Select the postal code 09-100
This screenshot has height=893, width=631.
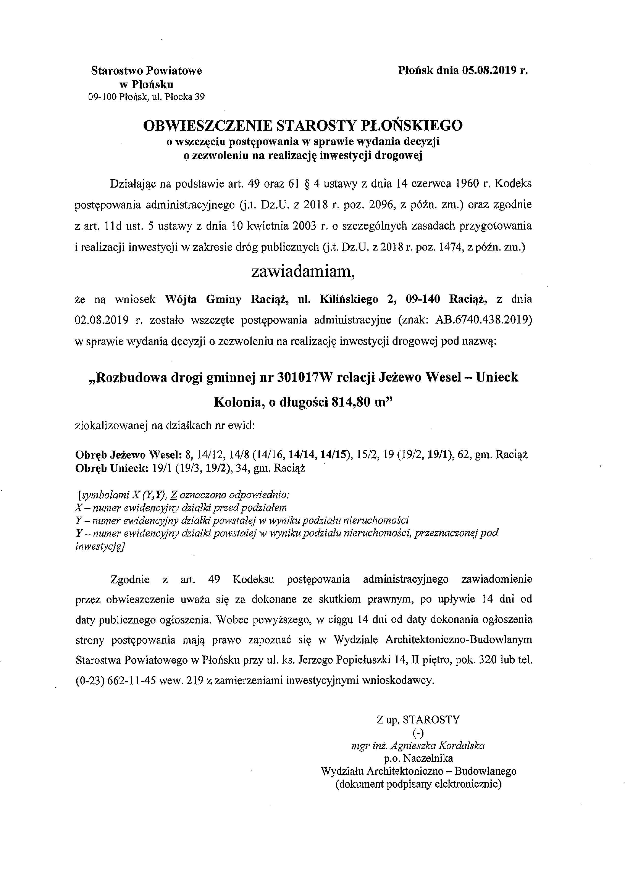pos(103,97)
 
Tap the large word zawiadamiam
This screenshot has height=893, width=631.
pos(303,271)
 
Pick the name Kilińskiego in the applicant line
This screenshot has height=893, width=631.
pos(349,299)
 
